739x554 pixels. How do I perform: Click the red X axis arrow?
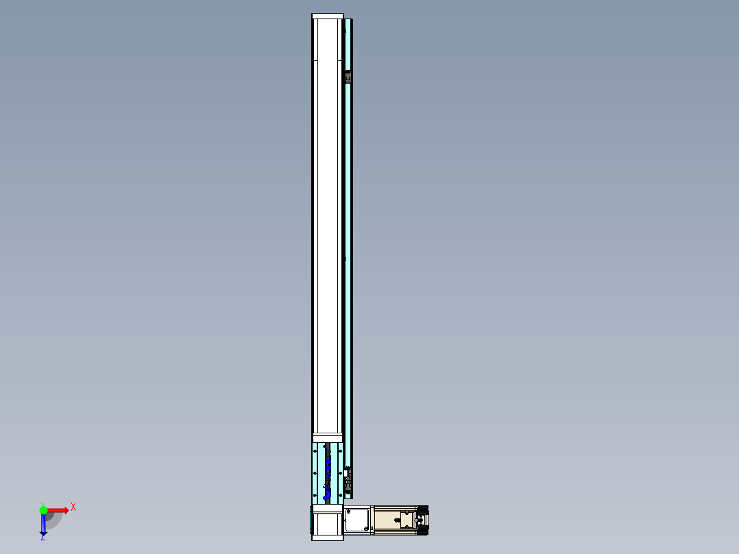pyautogui.click(x=58, y=510)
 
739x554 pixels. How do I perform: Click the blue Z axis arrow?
pyautogui.click(x=43, y=525)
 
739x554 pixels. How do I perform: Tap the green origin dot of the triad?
pyautogui.click(x=43, y=510)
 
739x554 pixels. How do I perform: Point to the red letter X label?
pyautogui.click(x=73, y=507)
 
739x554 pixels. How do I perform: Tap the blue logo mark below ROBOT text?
pyautogui.click(x=326, y=489)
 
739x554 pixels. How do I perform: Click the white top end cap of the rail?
pyautogui.click(x=327, y=16)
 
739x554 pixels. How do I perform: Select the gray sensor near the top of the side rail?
pyautogui.click(x=348, y=77)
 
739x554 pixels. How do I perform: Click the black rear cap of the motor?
pyautogui.click(x=422, y=520)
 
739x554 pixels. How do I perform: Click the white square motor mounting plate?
pyautogui.click(x=357, y=520)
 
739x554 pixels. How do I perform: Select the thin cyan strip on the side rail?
pyautogui.click(x=349, y=274)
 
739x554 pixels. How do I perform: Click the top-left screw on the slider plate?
pyautogui.click(x=315, y=447)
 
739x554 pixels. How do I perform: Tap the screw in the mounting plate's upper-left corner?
pyautogui.click(x=349, y=511)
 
